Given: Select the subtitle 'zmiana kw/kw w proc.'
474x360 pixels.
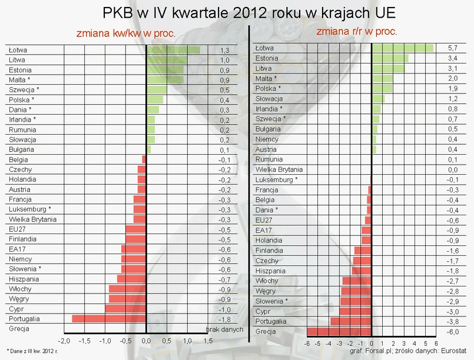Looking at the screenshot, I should pyautogui.click(x=125, y=34).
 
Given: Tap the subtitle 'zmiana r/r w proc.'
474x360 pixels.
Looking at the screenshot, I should pyautogui.click(x=357, y=31).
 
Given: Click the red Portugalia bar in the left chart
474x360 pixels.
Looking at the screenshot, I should pyautogui.click(x=109, y=318).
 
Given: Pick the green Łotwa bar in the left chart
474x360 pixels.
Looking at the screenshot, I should pyautogui.click(x=173, y=50).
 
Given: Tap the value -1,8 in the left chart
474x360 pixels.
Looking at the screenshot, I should pyautogui.click(x=224, y=318).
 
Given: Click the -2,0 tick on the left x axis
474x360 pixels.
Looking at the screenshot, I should pyautogui.click(x=64, y=341).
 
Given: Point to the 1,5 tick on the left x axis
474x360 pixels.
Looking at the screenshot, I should pyautogui.click(x=208, y=341).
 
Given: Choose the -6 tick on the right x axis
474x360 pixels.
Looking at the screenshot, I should pyautogui.click(x=306, y=343).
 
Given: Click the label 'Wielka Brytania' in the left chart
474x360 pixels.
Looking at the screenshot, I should pyautogui.click(x=33, y=219).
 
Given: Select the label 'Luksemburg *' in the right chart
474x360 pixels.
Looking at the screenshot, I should pyautogui.click(x=276, y=179).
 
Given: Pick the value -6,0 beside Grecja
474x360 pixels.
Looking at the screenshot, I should pyautogui.click(x=453, y=332).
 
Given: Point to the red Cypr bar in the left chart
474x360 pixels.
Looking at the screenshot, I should pyautogui.click(x=125, y=308).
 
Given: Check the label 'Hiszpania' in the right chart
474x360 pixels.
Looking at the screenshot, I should pyautogui.click(x=270, y=271).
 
